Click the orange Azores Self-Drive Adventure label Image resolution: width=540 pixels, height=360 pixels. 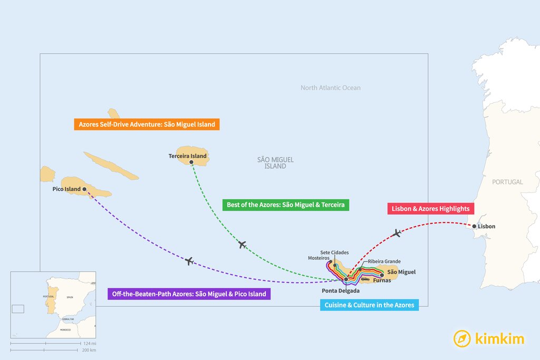[x=147, y=125]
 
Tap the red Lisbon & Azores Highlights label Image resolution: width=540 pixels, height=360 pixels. [x=430, y=209]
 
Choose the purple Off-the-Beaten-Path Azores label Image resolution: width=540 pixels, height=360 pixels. [x=189, y=294]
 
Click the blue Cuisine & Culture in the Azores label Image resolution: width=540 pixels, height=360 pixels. [x=369, y=305]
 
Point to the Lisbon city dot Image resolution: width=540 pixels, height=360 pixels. [x=474, y=227]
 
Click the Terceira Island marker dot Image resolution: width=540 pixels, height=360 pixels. [x=191, y=162]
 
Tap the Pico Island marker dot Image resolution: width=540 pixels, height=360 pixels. [x=84, y=189]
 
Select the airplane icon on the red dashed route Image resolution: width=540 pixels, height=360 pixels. [x=397, y=232]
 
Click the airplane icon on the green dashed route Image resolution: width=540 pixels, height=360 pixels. [x=242, y=244]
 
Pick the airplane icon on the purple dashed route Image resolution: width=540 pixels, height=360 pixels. [x=189, y=261]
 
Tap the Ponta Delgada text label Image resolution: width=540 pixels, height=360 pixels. [x=341, y=290]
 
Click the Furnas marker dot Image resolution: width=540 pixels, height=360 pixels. [x=382, y=275]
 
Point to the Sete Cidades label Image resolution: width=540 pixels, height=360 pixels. [x=334, y=252]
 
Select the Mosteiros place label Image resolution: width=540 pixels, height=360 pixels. [x=319, y=258]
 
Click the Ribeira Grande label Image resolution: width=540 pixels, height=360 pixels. [x=384, y=261]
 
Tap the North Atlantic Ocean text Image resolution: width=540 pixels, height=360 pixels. [x=331, y=88]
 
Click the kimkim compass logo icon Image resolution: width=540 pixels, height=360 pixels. [x=462, y=339]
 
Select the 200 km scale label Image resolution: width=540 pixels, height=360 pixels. [x=89, y=350]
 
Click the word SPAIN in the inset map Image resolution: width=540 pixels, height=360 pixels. [x=70, y=297]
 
